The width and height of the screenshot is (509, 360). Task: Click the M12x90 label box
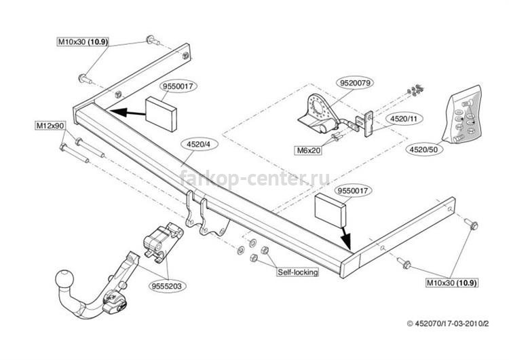click(51, 126)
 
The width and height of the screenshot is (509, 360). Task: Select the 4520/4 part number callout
click(198, 145)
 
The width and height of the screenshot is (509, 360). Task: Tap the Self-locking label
click(297, 272)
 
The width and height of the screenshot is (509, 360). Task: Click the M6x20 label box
click(308, 150)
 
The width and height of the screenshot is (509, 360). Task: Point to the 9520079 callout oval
click(355, 83)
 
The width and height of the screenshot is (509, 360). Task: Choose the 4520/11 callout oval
click(403, 119)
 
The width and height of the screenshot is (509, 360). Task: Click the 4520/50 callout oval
click(423, 149)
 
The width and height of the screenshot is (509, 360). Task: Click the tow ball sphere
click(64, 280)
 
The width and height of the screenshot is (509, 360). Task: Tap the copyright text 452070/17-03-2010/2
click(448, 323)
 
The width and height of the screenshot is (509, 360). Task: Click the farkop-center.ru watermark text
click(254, 178)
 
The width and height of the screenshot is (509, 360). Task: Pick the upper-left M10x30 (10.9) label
click(83, 42)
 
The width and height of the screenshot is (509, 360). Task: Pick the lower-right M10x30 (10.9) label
click(452, 283)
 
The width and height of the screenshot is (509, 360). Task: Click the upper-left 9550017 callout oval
click(178, 86)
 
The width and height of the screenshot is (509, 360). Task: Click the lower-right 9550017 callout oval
click(353, 190)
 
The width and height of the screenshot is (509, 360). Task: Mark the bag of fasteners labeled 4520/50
click(463, 114)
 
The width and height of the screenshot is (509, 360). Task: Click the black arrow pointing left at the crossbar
click(128, 113)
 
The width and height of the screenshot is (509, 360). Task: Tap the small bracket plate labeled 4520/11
click(368, 124)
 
